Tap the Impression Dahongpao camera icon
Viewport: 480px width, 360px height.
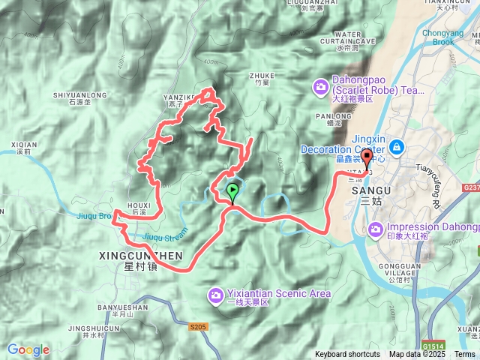[374, 229]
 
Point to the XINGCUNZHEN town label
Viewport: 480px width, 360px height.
[140, 256]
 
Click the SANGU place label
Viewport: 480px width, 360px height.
[365, 191]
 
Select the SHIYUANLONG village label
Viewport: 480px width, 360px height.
[81, 95]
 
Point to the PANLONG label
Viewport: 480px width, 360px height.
[327, 116]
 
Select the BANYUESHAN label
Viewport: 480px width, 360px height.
[122, 307]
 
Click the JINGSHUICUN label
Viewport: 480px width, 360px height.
[94, 328]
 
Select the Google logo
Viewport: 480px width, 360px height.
[28, 349]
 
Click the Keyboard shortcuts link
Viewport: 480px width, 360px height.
[347, 355]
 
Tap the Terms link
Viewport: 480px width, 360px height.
[465, 355]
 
